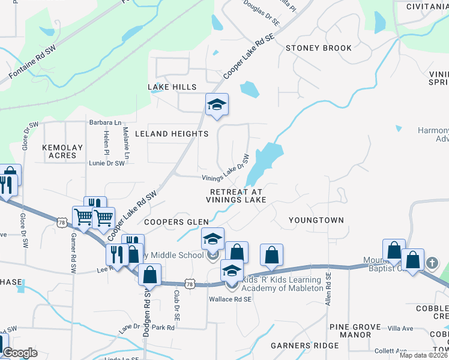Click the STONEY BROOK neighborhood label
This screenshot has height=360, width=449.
tap(318, 47)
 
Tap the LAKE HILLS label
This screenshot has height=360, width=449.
tap(172, 87)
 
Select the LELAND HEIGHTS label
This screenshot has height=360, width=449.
tap(172, 133)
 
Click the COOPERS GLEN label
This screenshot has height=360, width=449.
tap(176, 222)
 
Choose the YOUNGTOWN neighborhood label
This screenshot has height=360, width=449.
tap(316, 220)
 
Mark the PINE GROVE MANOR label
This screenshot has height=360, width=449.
tap(355, 331)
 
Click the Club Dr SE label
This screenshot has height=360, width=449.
tap(177, 305)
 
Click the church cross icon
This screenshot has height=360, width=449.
tap(432, 263)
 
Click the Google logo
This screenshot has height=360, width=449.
tap(19, 353)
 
